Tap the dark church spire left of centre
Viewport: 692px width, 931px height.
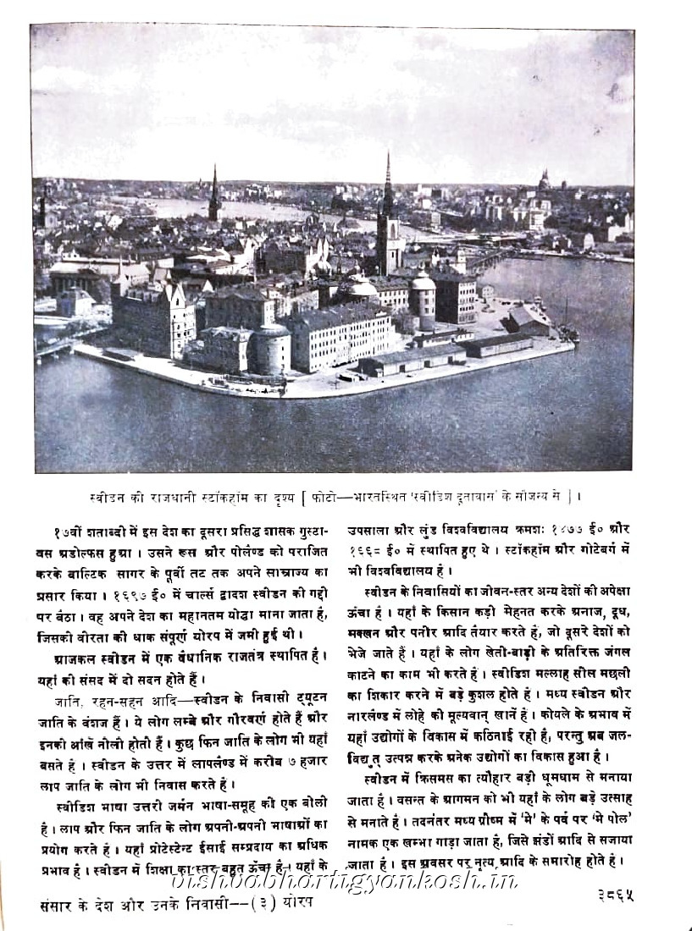point(214,195)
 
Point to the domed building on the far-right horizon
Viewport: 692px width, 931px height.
point(544,180)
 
